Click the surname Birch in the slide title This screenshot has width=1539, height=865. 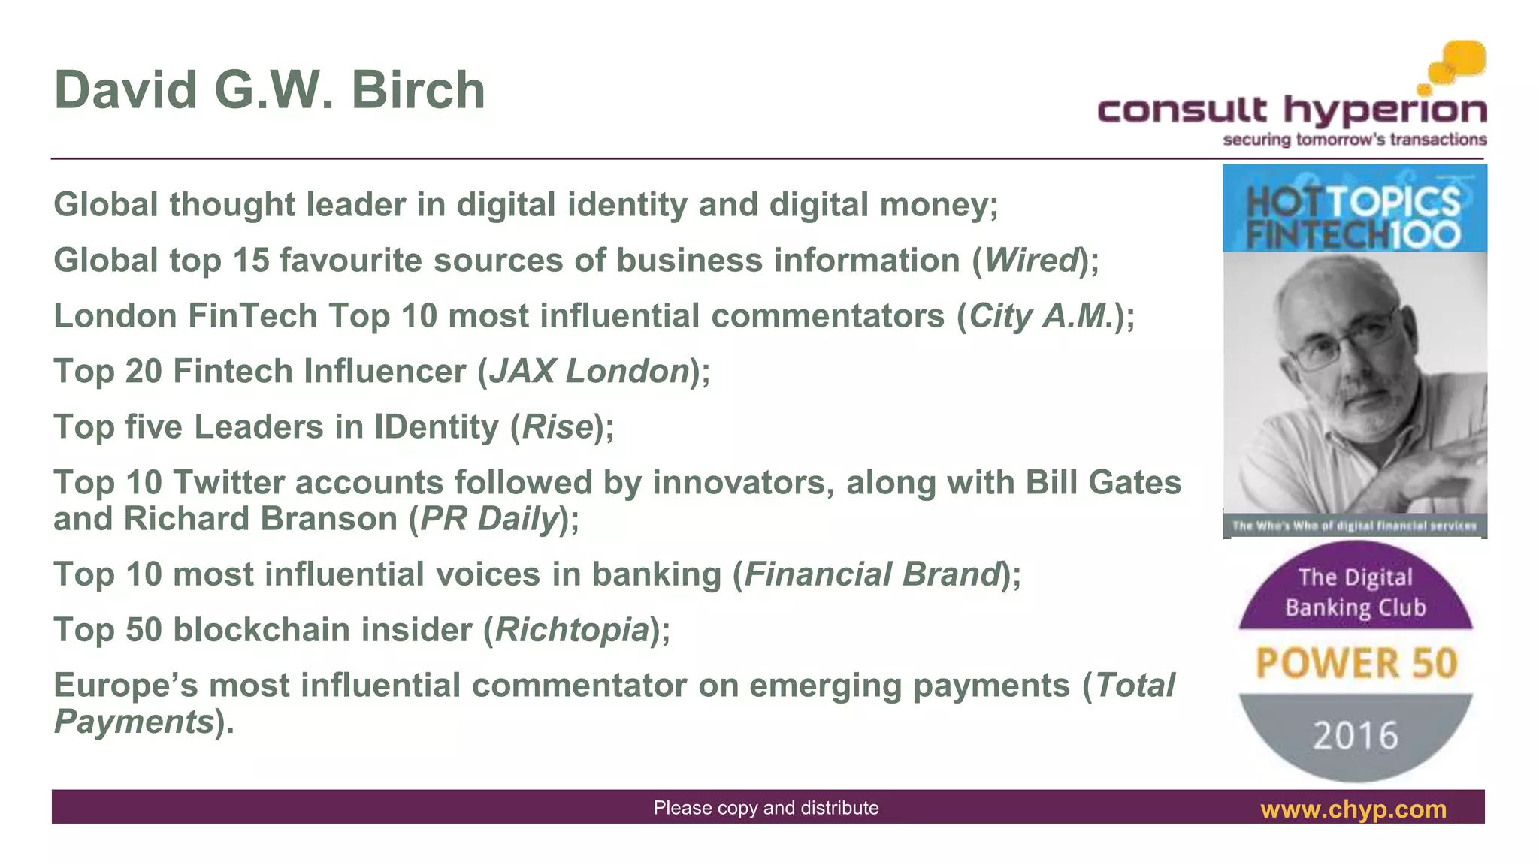pyautogui.click(x=418, y=90)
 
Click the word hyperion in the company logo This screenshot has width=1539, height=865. pyautogui.click(x=1384, y=111)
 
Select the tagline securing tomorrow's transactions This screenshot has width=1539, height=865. pyautogui.click(x=1354, y=140)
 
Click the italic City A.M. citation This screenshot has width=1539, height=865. pyautogui.click(x=1040, y=316)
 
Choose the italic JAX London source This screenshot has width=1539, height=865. pyautogui.click(x=589, y=372)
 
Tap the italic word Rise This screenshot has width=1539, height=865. pyautogui.click(x=558, y=427)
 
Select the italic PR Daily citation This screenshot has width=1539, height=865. pyautogui.click(x=489, y=519)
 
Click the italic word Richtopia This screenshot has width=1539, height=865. pyautogui.click(x=572, y=630)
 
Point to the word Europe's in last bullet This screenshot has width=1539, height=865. pyautogui.click(x=125, y=686)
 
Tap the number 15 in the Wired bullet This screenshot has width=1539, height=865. pyautogui.click(x=250, y=261)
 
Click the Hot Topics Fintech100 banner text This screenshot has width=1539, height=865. pyautogui.click(x=1353, y=218)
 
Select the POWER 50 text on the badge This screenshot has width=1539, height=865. pyautogui.click(x=1356, y=663)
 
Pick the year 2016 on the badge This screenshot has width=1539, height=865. pyautogui.click(x=1356, y=734)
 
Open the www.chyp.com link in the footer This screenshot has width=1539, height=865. pyautogui.click(x=1353, y=809)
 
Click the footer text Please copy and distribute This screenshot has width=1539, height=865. pyautogui.click(x=766, y=808)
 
